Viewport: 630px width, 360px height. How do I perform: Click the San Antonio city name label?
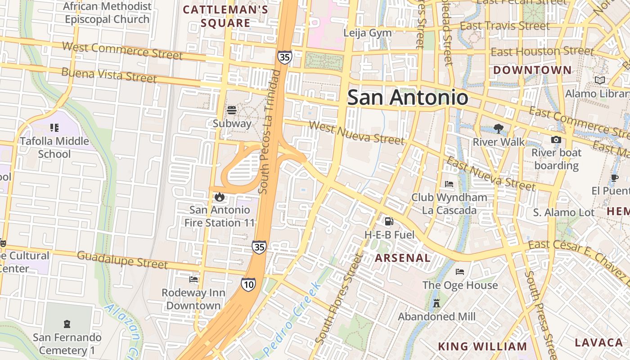(407, 98)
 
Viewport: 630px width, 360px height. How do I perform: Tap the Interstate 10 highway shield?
(248, 284)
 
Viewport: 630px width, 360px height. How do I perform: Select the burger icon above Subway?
(232, 110)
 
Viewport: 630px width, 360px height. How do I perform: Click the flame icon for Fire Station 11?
(220, 197)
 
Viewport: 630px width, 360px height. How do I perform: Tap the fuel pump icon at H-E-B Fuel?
(389, 221)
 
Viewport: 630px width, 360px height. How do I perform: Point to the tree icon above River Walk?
(498, 129)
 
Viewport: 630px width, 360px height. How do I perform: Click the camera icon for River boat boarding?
(556, 139)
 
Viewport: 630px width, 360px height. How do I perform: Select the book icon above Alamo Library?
(599, 81)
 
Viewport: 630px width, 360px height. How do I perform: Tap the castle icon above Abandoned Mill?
(436, 303)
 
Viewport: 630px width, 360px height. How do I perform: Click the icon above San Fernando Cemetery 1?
(67, 324)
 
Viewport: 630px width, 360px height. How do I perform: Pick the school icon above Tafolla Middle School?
(54, 128)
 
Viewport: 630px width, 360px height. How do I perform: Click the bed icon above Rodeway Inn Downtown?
(193, 279)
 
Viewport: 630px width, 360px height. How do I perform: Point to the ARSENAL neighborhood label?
(403, 258)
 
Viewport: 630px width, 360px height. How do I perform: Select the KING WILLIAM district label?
(482, 346)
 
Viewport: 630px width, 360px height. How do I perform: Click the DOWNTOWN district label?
(532, 70)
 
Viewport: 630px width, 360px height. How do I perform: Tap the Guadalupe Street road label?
(122, 260)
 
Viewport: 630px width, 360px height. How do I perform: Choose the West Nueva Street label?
(357, 132)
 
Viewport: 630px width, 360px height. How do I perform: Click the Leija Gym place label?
(367, 33)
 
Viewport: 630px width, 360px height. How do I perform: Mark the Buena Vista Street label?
(109, 75)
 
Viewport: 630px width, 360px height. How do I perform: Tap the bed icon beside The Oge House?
(459, 272)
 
